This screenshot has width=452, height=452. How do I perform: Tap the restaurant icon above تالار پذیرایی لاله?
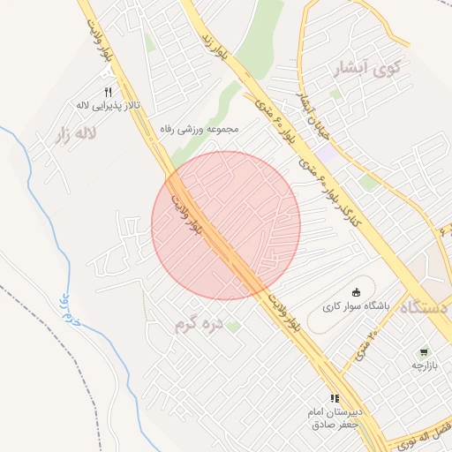pos(109,92)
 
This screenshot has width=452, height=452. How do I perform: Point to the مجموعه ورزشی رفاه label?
pos(200,129)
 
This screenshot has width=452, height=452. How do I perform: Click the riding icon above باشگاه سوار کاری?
pos(356,293)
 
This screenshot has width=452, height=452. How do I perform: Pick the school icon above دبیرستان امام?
pos(335,399)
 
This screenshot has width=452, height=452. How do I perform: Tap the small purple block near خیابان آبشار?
pos(326,151)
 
